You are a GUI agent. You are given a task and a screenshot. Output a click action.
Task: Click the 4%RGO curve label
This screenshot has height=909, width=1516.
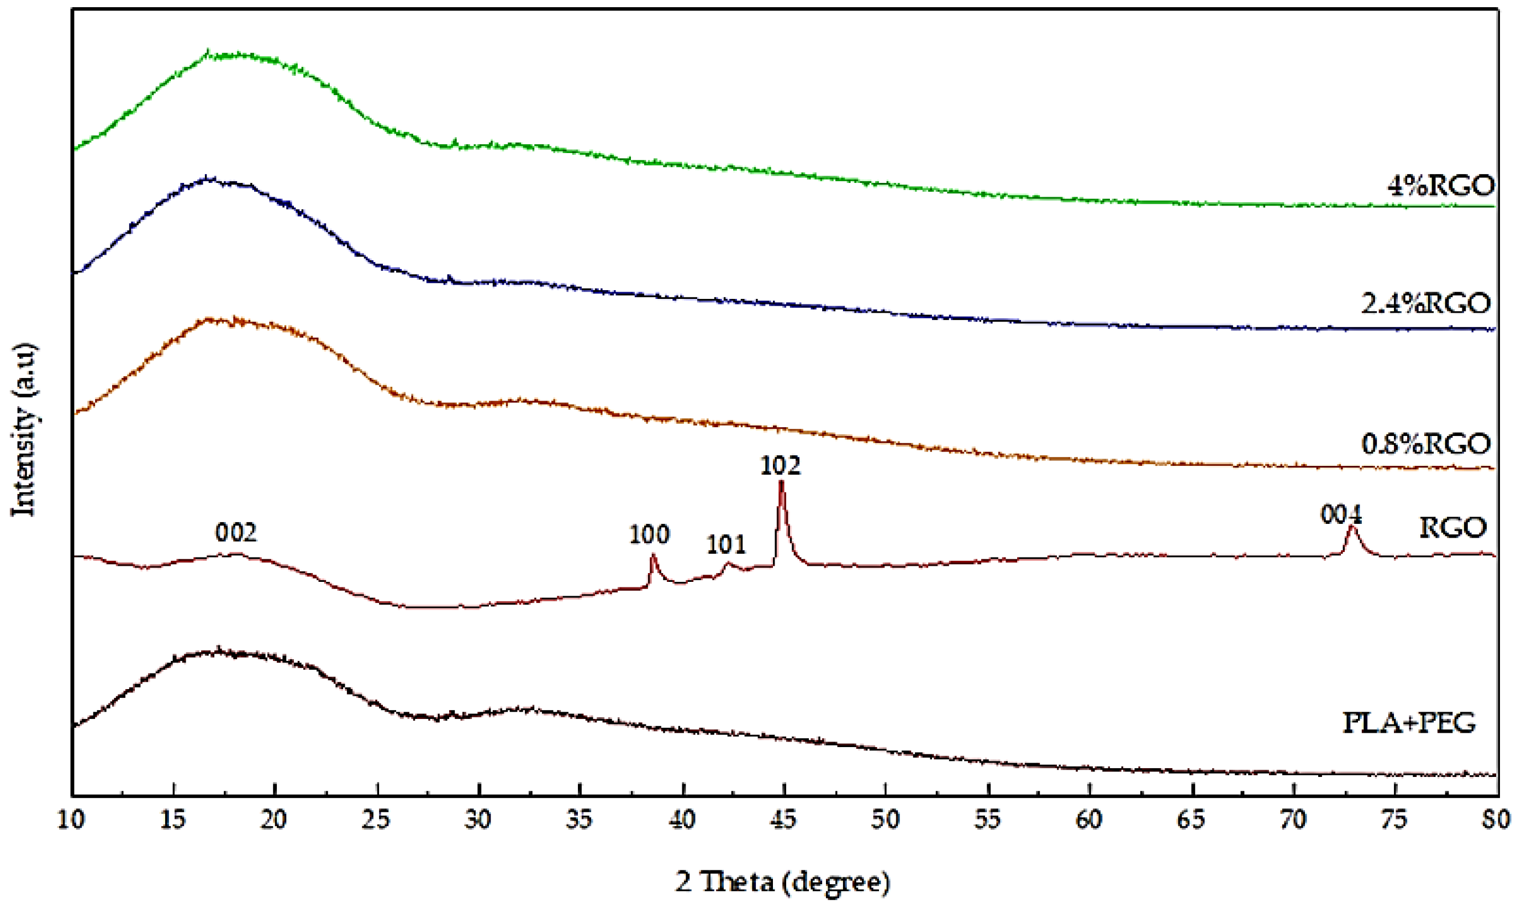(x=1441, y=186)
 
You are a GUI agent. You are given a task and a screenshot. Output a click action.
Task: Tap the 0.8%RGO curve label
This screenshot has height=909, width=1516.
(x=1426, y=444)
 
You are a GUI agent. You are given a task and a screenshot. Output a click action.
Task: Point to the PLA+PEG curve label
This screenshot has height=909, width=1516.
(x=1409, y=723)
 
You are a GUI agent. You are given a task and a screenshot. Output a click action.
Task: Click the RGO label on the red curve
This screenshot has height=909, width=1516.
(x=1452, y=527)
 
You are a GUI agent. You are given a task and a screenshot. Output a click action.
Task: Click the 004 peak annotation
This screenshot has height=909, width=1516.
(x=1341, y=515)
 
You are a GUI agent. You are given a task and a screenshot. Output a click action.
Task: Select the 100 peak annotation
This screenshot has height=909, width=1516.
(x=649, y=535)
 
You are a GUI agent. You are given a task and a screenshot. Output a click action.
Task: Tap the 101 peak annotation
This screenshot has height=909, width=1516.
(x=726, y=544)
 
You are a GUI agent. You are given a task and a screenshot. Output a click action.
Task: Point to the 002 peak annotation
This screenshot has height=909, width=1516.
(x=236, y=533)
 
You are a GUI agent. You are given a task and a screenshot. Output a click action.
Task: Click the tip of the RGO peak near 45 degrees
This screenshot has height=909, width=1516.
(x=781, y=482)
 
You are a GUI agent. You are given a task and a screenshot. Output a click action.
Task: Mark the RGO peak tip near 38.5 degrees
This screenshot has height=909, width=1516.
(x=652, y=555)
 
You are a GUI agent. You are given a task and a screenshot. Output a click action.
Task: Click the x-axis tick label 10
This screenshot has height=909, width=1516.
(x=71, y=819)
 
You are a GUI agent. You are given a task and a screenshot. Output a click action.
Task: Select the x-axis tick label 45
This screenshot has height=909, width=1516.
(x=784, y=819)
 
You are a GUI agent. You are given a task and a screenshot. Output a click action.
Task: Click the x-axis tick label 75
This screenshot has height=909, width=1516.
(x=1395, y=819)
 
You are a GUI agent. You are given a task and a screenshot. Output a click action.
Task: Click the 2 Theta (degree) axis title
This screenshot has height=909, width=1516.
(x=782, y=882)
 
